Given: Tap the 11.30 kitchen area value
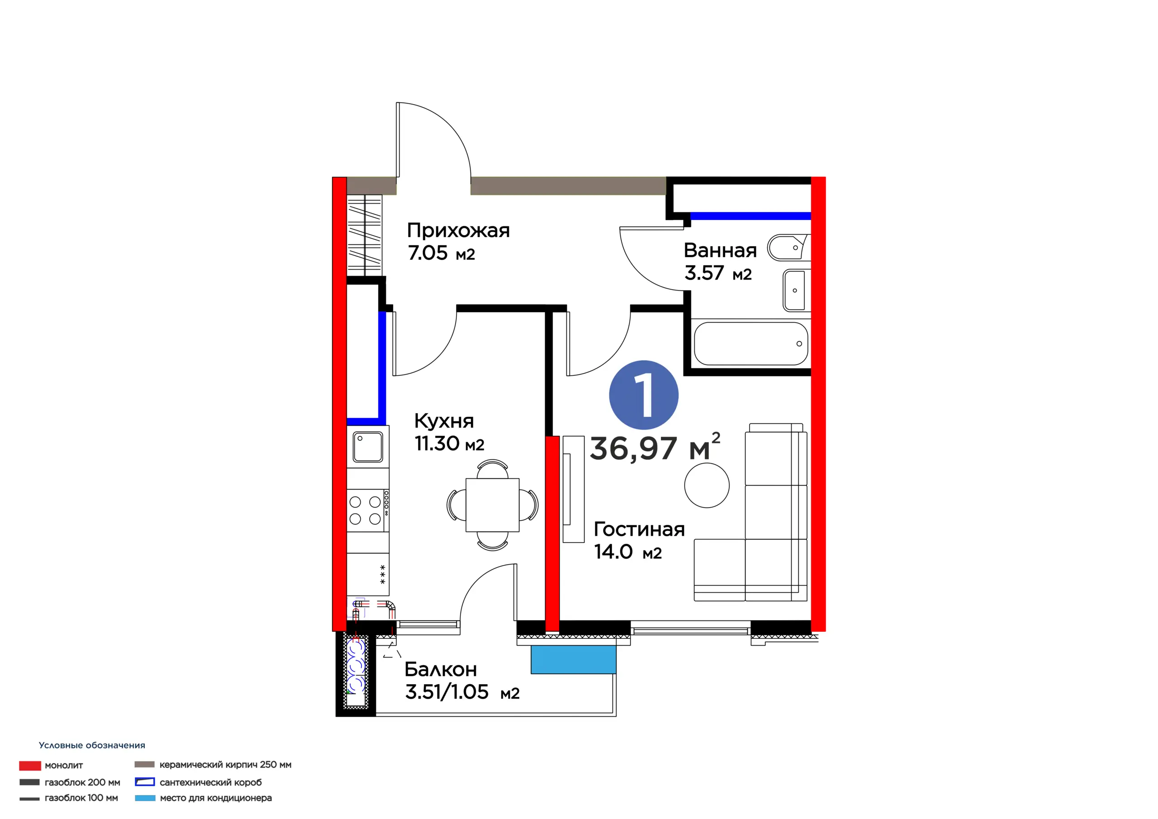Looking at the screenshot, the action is tap(437, 443).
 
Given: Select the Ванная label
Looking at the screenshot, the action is tap(720, 250).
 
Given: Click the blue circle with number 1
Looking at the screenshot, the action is tap(644, 395).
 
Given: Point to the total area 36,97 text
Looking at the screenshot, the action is tap(633, 448).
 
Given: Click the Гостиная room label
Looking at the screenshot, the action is tap(639, 529).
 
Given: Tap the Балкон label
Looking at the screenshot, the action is tap(440, 670).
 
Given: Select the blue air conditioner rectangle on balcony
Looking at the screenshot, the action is tap(574, 660).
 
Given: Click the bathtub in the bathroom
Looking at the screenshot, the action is tap(751, 343).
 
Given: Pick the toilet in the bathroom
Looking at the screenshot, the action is tap(789, 247).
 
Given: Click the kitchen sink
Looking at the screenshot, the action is tap(368, 447).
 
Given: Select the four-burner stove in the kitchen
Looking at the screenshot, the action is tap(368, 510).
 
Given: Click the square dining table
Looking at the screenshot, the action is tap(492, 505).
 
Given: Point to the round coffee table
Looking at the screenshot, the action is tap(707, 486).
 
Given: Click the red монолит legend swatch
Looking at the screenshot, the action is tap(30, 766).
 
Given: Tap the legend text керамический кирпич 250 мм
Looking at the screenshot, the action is tap(225, 765).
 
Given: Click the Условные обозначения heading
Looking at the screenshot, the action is tap(92, 745).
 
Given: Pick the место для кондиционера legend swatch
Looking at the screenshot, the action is tap(145, 798).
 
